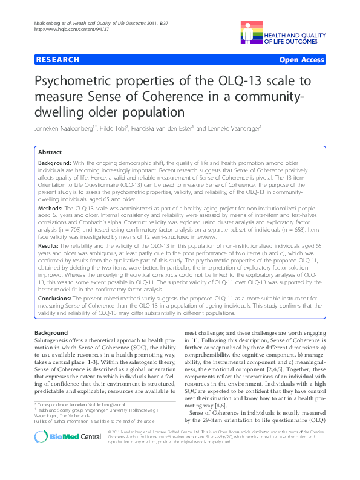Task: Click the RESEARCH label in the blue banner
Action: tap(58, 60)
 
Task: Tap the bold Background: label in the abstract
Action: tap(56, 164)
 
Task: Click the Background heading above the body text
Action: tap(51, 333)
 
